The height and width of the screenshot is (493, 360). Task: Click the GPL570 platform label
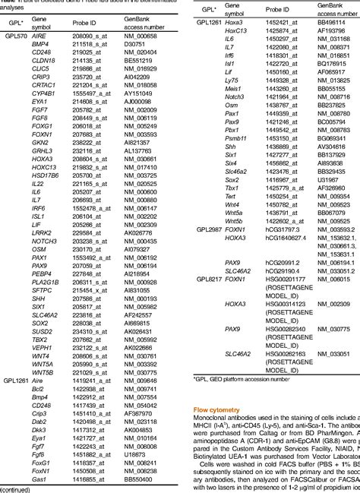coord(14,36)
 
